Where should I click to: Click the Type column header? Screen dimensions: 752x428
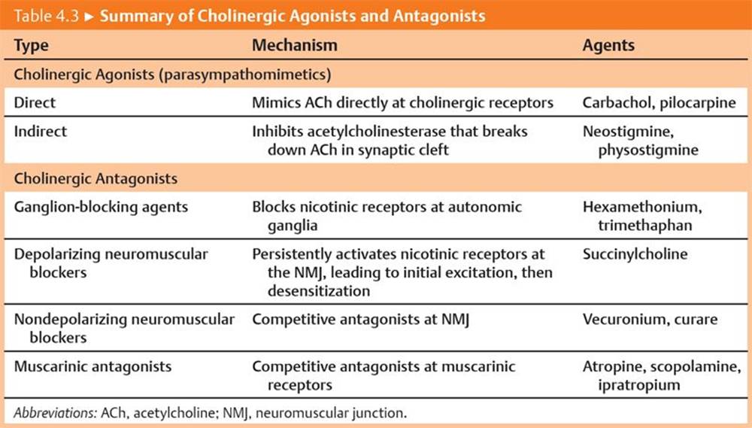pyautogui.click(x=31, y=46)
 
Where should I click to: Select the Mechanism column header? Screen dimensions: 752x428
pyautogui.click(x=295, y=45)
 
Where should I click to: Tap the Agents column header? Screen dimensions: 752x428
pyautogui.click(x=608, y=46)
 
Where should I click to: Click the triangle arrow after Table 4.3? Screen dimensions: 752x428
pyautogui.click(x=89, y=17)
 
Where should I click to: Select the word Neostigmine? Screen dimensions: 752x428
pyautogui.click(x=628, y=132)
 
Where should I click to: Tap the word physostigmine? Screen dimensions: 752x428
pyautogui.click(x=648, y=150)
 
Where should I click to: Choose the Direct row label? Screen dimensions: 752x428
pyautogui.click(x=35, y=102)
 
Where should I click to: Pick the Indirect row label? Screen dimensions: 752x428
pyautogui.click(x=41, y=131)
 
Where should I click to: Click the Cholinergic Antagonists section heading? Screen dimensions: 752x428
pyautogui.click(x=96, y=178)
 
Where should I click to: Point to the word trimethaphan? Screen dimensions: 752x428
pyautogui.click(x=645, y=226)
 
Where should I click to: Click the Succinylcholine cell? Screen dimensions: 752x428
pyautogui.click(x=635, y=253)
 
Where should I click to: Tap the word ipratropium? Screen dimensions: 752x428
pyautogui.click(x=638, y=385)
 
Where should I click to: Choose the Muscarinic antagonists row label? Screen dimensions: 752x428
pyautogui.click(x=92, y=366)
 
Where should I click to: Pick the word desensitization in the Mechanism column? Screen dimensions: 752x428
pyautogui.click(x=318, y=291)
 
